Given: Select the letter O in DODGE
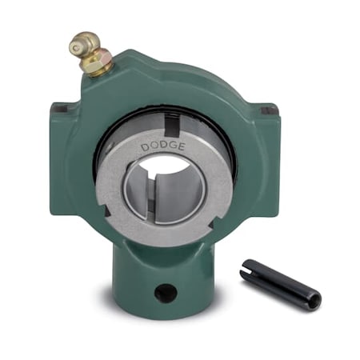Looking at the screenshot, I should coord(153,146).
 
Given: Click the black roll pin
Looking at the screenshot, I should coord(280,283).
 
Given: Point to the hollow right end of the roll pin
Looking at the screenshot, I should coord(314,302).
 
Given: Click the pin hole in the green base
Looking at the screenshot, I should coord(165,293).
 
